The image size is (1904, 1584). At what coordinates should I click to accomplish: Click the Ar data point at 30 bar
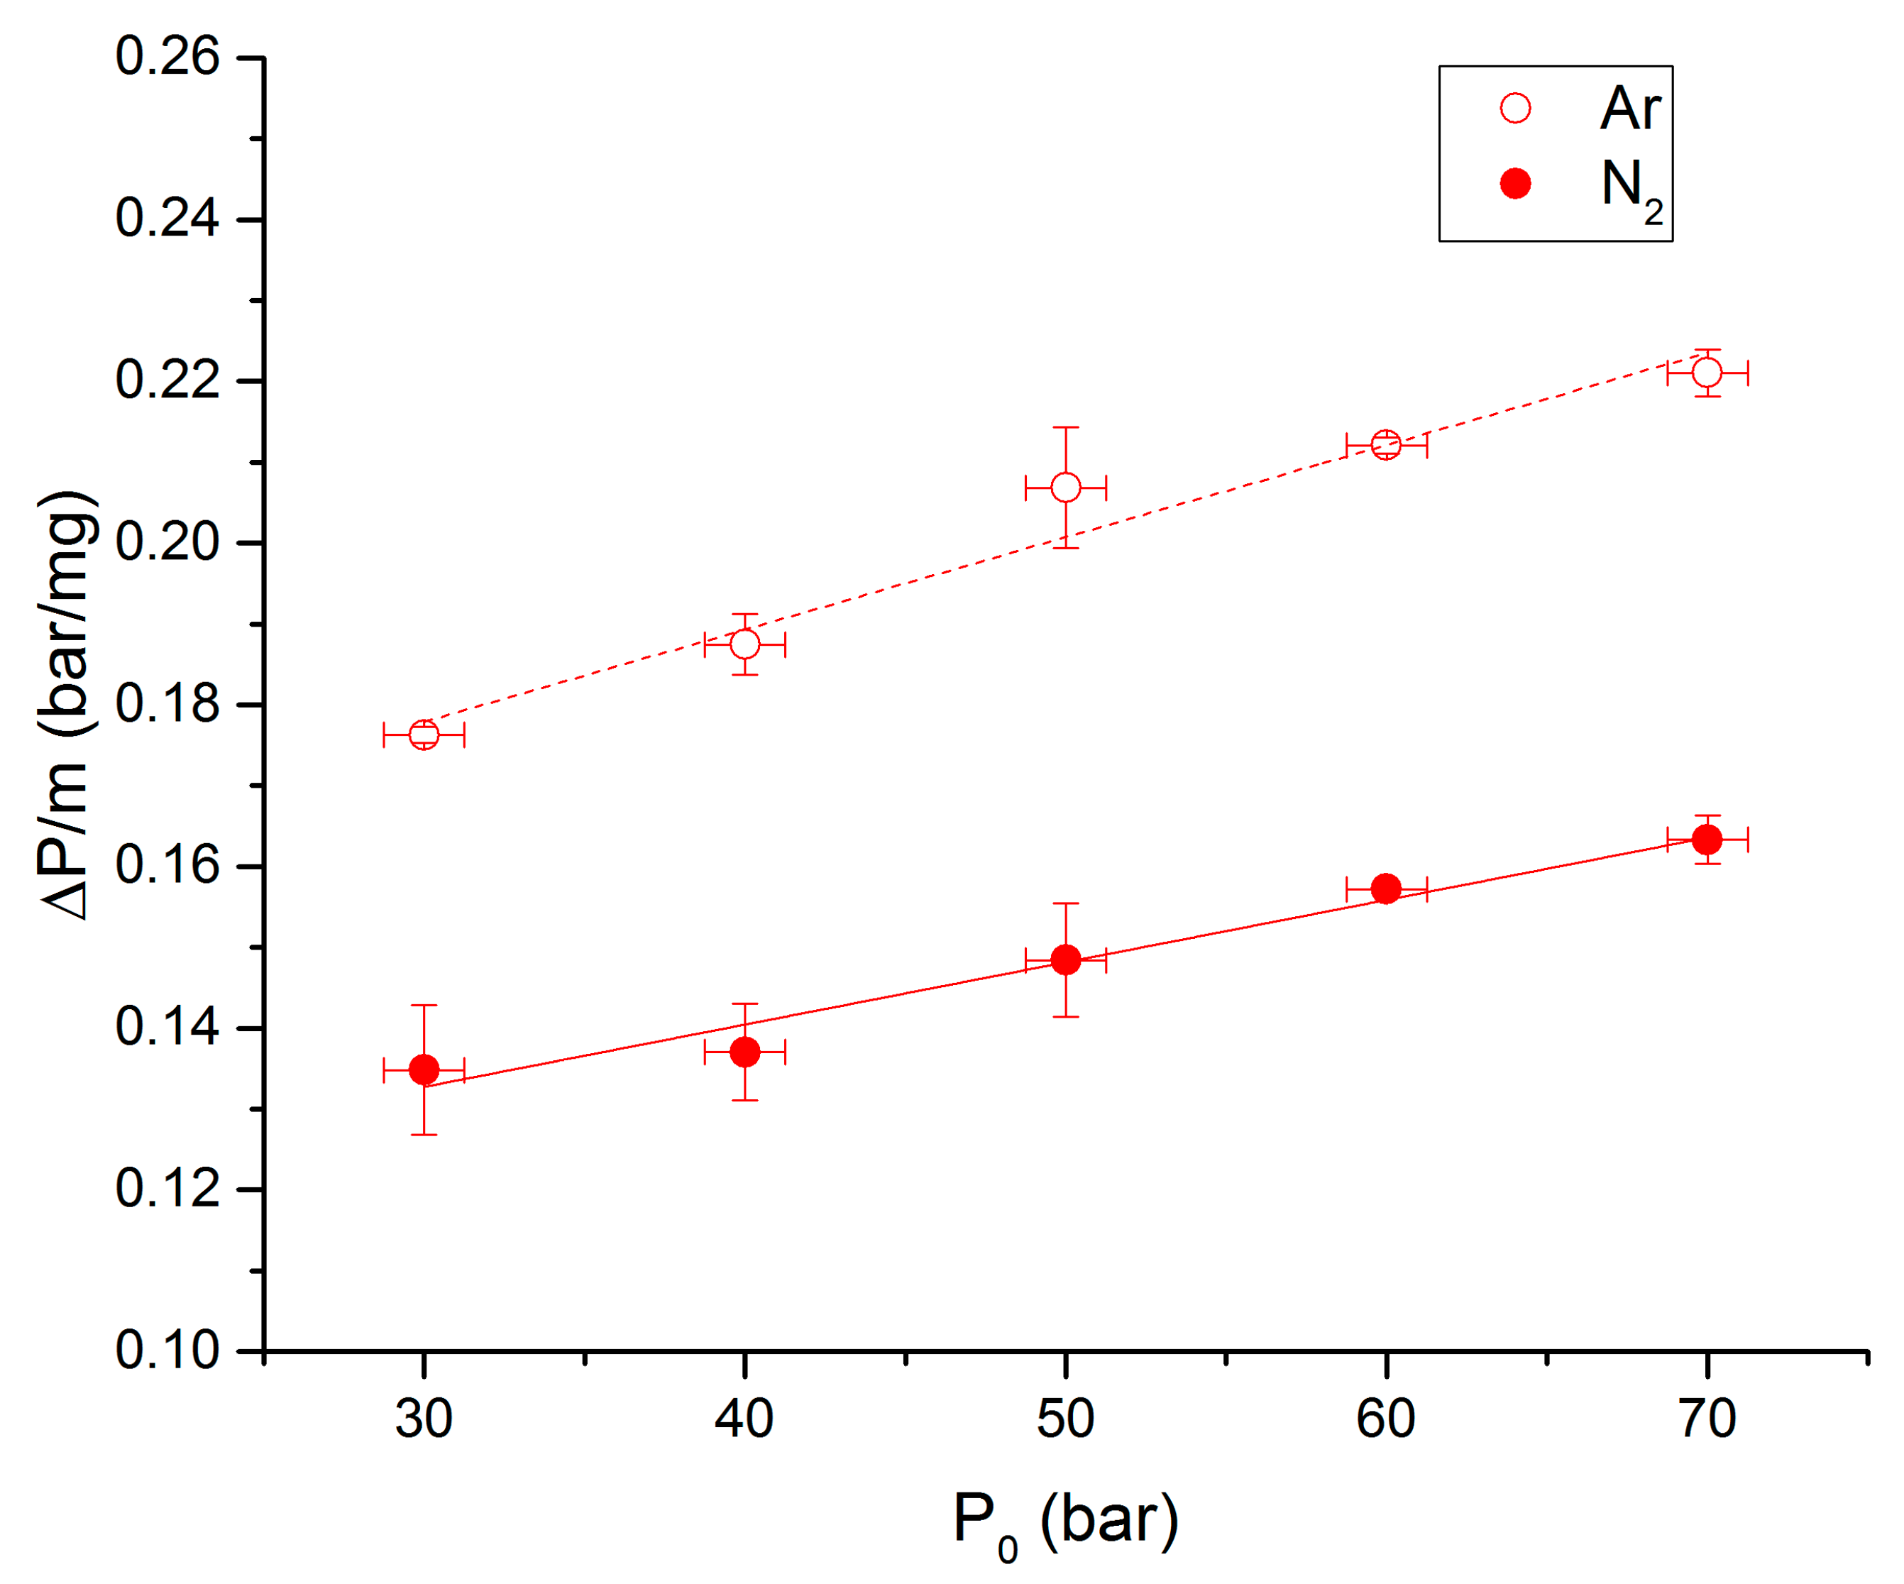point(424,735)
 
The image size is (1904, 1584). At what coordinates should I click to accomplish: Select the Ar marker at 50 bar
point(1065,488)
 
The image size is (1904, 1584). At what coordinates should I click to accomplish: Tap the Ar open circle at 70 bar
point(1707,373)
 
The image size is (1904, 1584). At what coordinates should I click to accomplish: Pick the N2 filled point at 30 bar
point(424,1070)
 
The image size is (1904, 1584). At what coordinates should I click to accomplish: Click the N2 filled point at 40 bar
point(744,1052)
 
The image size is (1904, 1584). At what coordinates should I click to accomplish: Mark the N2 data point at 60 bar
point(1386,889)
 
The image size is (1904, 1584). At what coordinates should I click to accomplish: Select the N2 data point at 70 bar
point(1707,840)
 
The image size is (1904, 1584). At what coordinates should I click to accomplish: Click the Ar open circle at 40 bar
point(744,644)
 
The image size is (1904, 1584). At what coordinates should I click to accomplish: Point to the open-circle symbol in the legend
point(1515,109)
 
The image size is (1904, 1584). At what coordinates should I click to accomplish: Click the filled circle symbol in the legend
point(1515,184)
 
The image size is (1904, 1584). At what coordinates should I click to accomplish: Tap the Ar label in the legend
point(1629,109)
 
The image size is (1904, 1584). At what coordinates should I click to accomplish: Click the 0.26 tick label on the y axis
point(167,57)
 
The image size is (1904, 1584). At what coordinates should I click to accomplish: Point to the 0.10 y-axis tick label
point(167,1351)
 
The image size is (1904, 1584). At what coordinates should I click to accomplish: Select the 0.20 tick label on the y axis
point(167,543)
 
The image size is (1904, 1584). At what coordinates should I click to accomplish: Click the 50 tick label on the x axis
point(1065,1419)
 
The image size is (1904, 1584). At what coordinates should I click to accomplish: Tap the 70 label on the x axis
point(1707,1419)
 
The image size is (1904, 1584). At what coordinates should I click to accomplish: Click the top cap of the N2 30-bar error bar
point(424,1006)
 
